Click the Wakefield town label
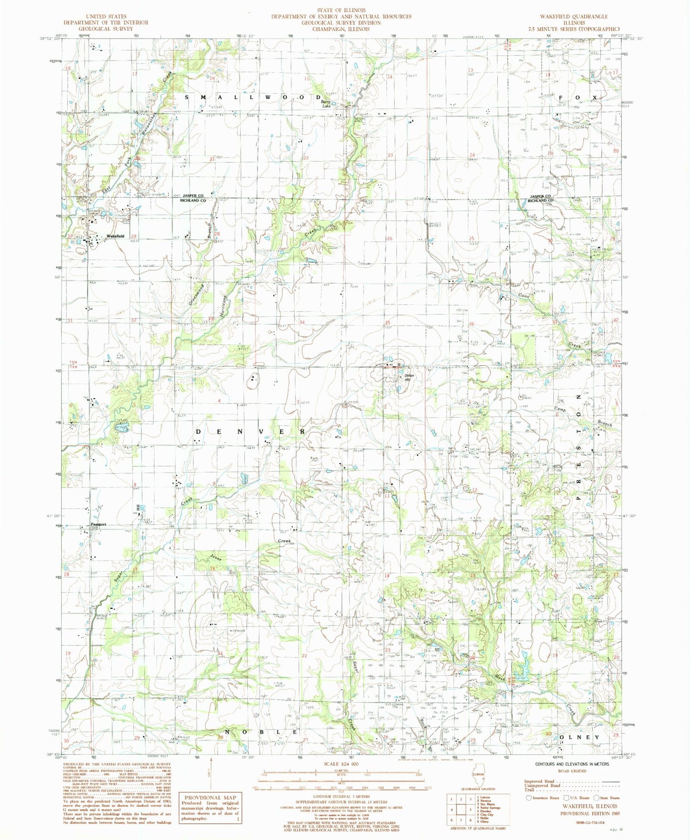click(115, 236)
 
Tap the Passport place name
click(98, 524)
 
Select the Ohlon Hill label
click(407, 378)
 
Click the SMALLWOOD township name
click(253, 97)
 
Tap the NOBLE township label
click(261, 732)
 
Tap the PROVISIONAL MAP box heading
click(210, 797)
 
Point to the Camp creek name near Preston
click(560, 410)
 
